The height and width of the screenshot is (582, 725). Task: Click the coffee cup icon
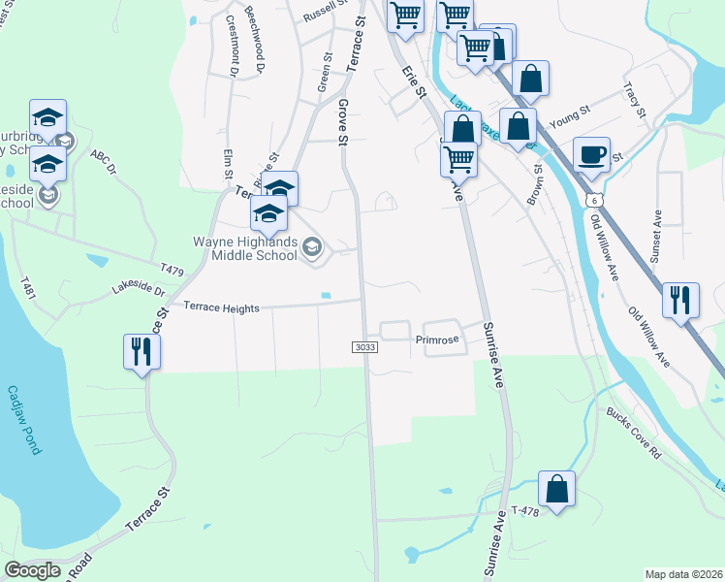[591, 154]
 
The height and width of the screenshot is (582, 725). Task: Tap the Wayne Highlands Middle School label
[246, 248]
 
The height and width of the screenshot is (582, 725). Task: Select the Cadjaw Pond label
[24, 420]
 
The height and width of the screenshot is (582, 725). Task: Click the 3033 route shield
[363, 346]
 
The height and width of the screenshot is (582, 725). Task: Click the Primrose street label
[435, 340]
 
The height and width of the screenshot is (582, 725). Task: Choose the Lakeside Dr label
[139, 288]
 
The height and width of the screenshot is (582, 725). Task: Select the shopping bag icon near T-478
[556, 490]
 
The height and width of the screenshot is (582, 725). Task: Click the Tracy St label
[636, 100]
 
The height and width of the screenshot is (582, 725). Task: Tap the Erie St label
[414, 81]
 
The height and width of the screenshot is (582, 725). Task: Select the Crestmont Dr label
[233, 45]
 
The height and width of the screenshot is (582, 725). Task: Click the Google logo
[33, 570]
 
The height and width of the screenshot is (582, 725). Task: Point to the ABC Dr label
[103, 161]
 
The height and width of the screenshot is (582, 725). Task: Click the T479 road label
[173, 266]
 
